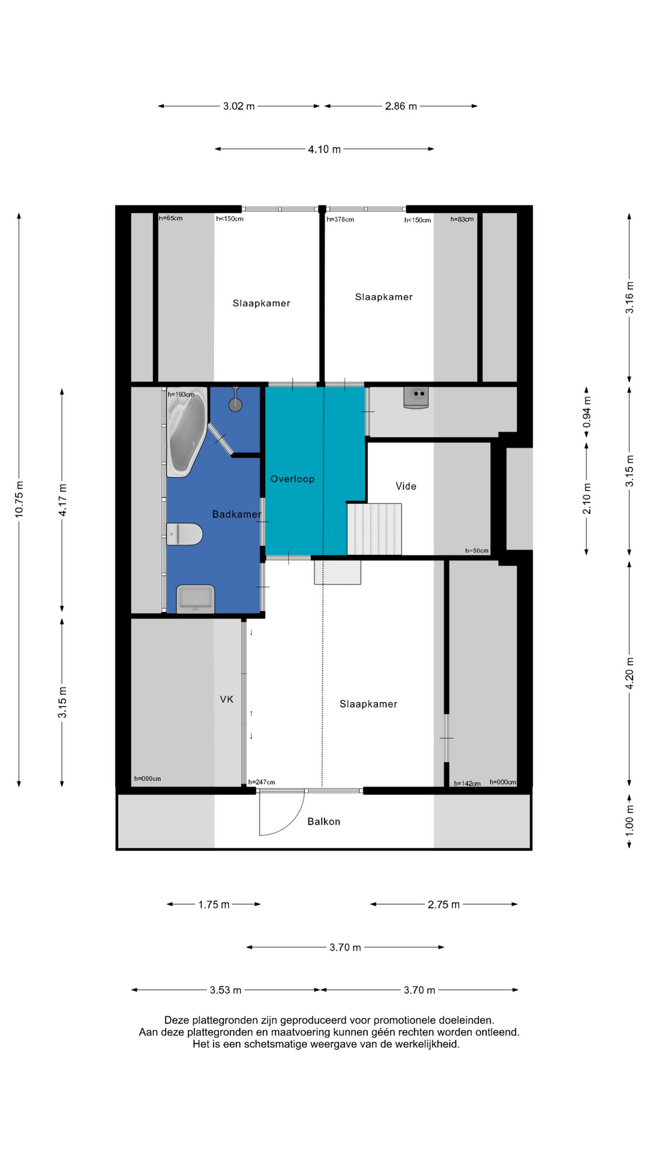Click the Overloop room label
coord(292,479)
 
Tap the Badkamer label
coord(237,514)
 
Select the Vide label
coord(406,486)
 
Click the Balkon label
coord(323,821)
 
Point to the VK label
coord(226,699)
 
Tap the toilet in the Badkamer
coord(184,534)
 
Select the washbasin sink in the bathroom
coord(196,599)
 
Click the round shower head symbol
coord(235,404)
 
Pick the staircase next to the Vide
coord(374,529)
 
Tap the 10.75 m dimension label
coord(19,499)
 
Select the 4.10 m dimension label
coord(324,149)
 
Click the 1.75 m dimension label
coord(214,904)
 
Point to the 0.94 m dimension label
coord(587,412)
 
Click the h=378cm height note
coord(340,220)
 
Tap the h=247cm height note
coord(262,782)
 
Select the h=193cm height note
coord(181,394)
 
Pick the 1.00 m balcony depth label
coord(629,817)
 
